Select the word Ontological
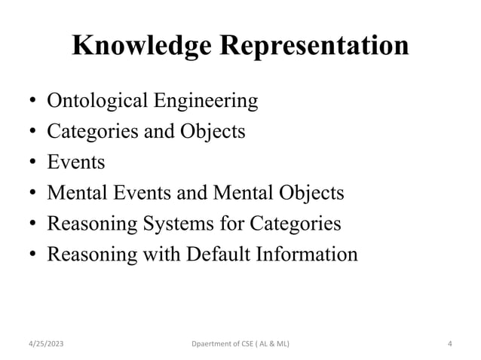[94, 100]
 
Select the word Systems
[171, 224]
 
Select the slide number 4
[449, 344]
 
